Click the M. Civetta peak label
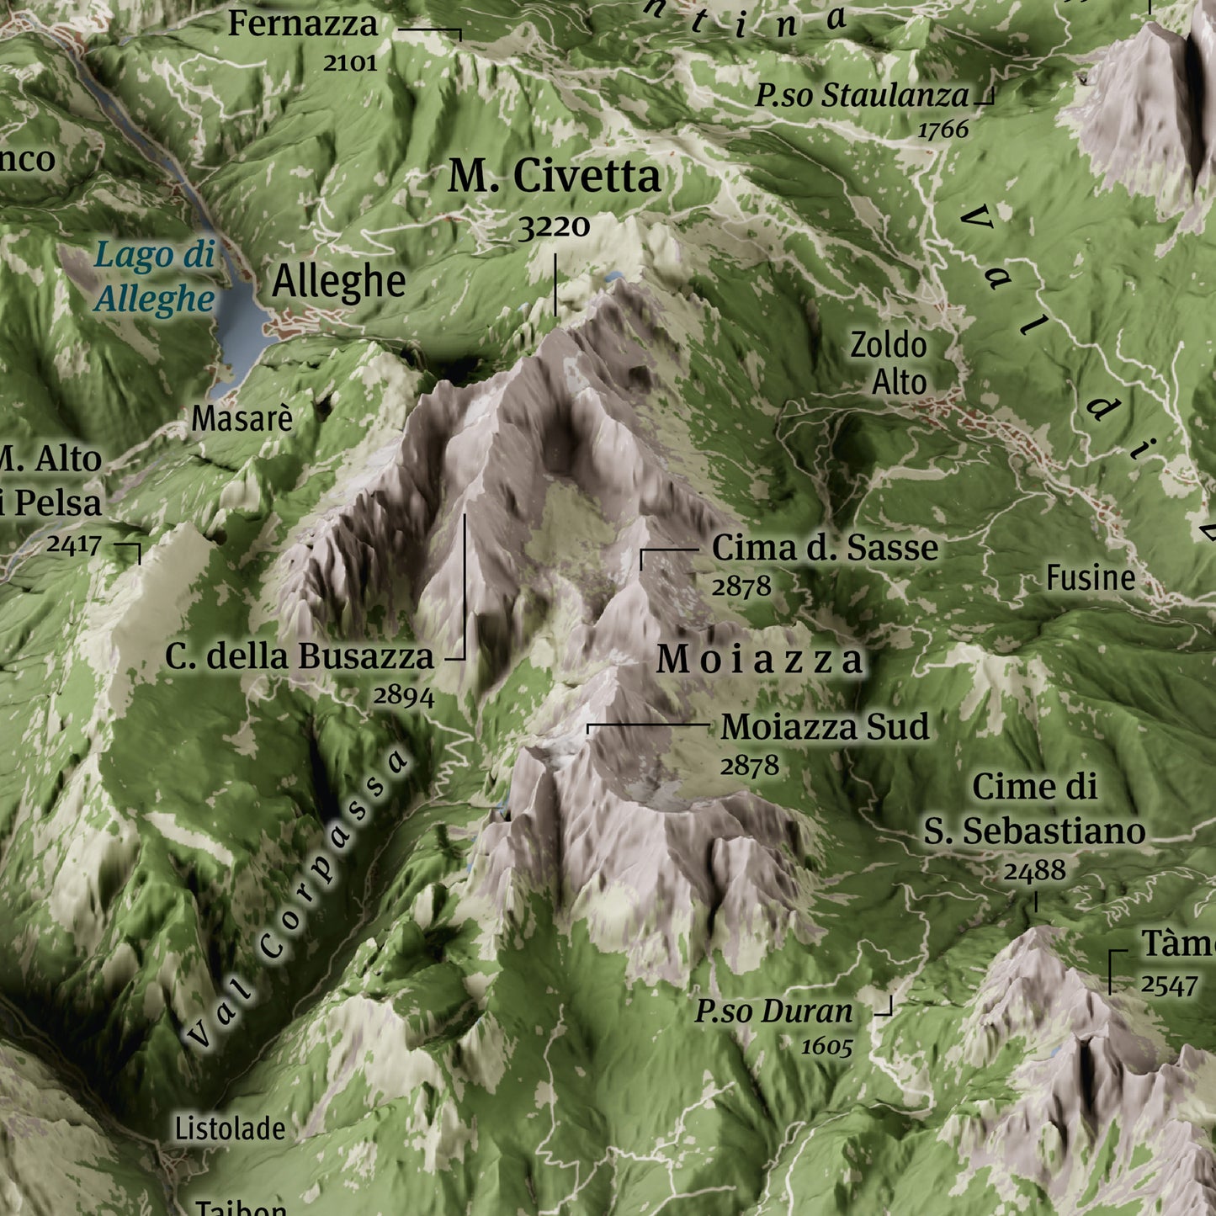pyautogui.click(x=554, y=177)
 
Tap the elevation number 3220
pyautogui.click(x=554, y=226)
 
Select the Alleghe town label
pyautogui.click(x=338, y=282)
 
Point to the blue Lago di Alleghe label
pyautogui.click(x=154, y=276)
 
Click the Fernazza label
pyautogui.click(x=303, y=24)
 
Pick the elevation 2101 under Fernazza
pyautogui.click(x=350, y=62)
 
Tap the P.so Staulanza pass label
pyautogui.click(x=862, y=95)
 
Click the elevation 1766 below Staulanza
pyautogui.click(x=943, y=130)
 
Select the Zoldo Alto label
pyautogui.click(x=889, y=364)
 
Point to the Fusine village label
pyautogui.click(x=1091, y=577)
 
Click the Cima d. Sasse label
pyautogui.click(x=825, y=548)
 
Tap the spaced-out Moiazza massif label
pyautogui.click(x=760, y=659)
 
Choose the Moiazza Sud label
pyautogui.click(x=825, y=727)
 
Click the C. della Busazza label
pyautogui.click(x=300, y=656)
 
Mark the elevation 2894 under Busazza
pyautogui.click(x=404, y=696)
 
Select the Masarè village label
pyautogui.click(x=242, y=418)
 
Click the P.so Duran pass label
pyautogui.click(x=773, y=1012)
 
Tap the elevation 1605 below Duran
pyautogui.click(x=826, y=1047)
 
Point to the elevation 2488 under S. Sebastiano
pyautogui.click(x=1034, y=870)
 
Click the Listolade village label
pyautogui.click(x=230, y=1128)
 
